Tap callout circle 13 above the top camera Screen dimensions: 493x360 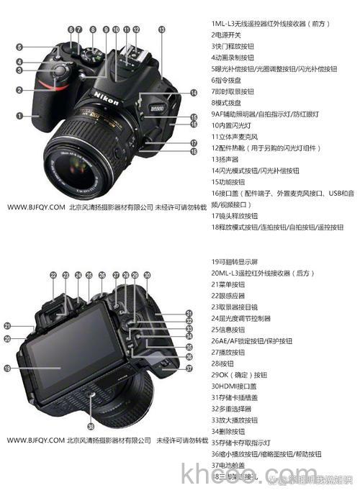click(x=161, y=30)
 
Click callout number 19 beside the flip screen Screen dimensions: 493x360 click(x=7, y=368)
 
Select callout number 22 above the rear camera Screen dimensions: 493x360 click(x=53, y=275)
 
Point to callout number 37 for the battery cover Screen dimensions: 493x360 click(x=189, y=368)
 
